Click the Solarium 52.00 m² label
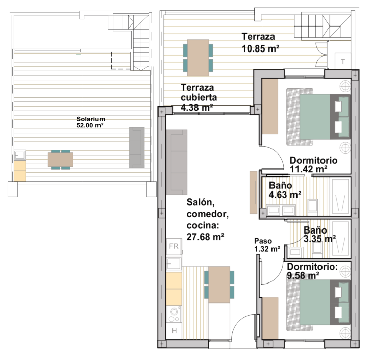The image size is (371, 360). pyautogui.click(x=90, y=122)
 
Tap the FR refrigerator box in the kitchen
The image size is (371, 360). pyautogui.click(x=174, y=246)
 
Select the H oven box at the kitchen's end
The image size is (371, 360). pyautogui.click(x=174, y=331)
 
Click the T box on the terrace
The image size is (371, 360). pyautogui.click(x=343, y=61)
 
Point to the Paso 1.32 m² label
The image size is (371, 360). pyautogui.click(x=267, y=245)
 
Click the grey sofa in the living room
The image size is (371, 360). pyautogui.click(x=177, y=162)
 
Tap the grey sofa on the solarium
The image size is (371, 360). pyautogui.click(x=137, y=148)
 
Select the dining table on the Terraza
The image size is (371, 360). pyautogui.click(x=198, y=58)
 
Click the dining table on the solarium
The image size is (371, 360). pyautogui.click(x=61, y=160)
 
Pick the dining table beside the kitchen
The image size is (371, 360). pyautogui.click(x=219, y=285)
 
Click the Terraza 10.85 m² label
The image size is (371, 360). pyautogui.click(x=260, y=43)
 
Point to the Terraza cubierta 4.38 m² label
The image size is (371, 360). pyautogui.click(x=199, y=97)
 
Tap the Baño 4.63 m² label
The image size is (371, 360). pyautogui.click(x=285, y=190)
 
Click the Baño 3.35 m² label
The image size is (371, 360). pyautogui.click(x=319, y=235)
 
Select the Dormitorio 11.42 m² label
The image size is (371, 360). pyautogui.click(x=313, y=165)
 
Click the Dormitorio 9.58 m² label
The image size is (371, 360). pyautogui.click(x=312, y=271)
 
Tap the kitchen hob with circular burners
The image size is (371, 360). pyautogui.click(x=174, y=315)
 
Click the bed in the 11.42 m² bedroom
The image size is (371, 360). pyautogui.click(x=318, y=117)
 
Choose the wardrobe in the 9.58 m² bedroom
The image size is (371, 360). pyautogui.click(x=270, y=318)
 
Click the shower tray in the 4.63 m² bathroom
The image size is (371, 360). pyautogui.click(x=340, y=197)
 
